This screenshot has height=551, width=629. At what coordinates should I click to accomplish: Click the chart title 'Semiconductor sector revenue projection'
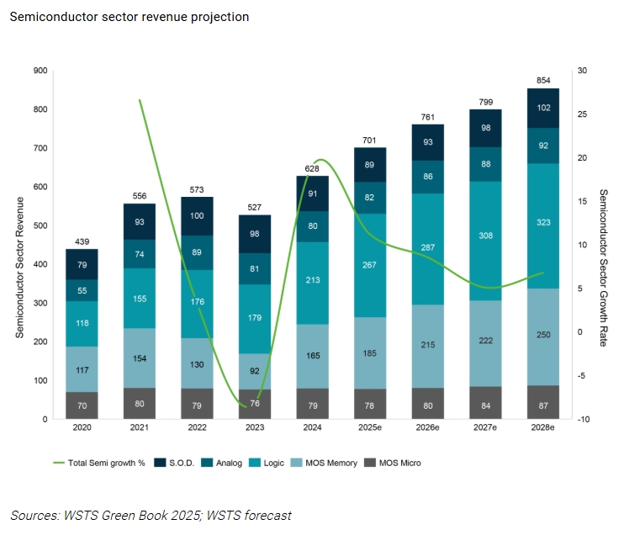click(129, 17)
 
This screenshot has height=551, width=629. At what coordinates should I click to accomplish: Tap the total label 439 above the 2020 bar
click(82, 241)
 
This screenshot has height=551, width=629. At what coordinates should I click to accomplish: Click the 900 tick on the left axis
click(40, 71)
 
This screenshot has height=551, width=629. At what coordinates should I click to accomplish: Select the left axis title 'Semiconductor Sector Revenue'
click(18, 245)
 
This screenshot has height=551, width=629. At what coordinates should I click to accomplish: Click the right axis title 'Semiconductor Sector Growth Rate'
click(603, 245)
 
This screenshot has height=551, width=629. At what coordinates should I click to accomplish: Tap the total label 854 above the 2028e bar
click(543, 81)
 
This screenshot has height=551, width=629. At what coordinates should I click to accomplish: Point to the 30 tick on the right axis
click(582, 71)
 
